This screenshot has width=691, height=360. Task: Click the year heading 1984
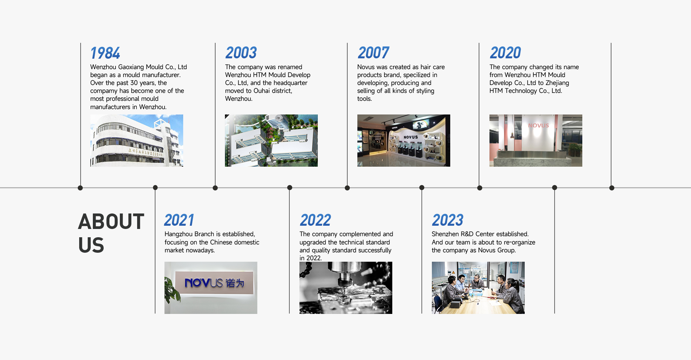pyautogui.click(x=105, y=53)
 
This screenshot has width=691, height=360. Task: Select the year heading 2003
pyautogui.click(x=241, y=53)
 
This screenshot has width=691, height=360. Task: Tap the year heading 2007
pyautogui.click(x=373, y=53)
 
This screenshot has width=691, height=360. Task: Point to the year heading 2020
pyautogui.click(x=505, y=53)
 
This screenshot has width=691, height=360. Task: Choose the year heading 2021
pyautogui.click(x=179, y=220)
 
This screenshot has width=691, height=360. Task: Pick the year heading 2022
pyautogui.click(x=315, y=220)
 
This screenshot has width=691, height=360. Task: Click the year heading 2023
pyautogui.click(x=448, y=220)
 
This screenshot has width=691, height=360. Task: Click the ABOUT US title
pyautogui.click(x=111, y=233)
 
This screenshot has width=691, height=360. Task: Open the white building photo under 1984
pyautogui.click(x=137, y=140)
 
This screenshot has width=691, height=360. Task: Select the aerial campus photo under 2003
pyautogui.click(x=271, y=140)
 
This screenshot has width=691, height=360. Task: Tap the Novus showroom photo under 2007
pyautogui.click(x=404, y=140)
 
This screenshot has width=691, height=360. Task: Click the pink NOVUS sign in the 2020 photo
pyautogui.click(x=538, y=126)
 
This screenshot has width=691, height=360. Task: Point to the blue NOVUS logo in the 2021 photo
pyautogui.click(x=214, y=283)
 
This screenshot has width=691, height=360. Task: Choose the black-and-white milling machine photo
pyautogui.click(x=346, y=288)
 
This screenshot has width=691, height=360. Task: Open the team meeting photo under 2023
pyautogui.click(x=478, y=288)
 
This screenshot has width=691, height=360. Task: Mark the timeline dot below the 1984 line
pyautogui.click(x=80, y=188)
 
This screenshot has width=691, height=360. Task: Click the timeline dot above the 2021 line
pyautogui.click(x=155, y=188)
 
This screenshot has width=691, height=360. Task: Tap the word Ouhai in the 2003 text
pyautogui.click(x=262, y=91)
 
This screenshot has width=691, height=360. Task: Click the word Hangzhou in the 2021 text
pyautogui.click(x=178, y=234)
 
